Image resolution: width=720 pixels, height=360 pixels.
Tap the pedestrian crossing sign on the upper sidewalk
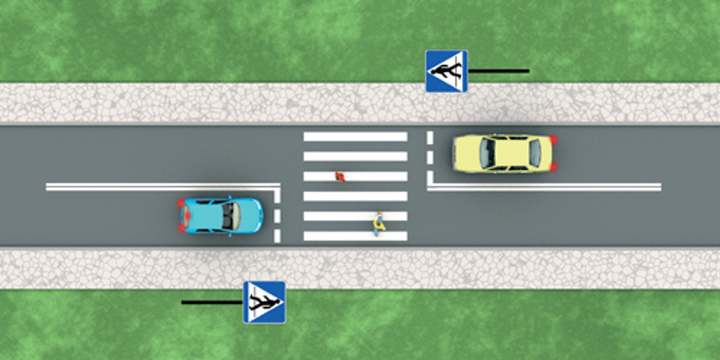coord(447,71)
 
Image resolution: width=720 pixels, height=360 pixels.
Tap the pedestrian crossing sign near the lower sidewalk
coord(264,302)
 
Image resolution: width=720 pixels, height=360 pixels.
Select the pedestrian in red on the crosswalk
coord(340,177)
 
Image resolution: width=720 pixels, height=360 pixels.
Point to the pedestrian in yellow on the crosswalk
coord(379,223)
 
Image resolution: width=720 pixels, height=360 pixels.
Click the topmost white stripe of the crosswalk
coord(355,137)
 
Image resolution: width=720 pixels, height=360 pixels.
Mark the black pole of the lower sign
coord(212,302)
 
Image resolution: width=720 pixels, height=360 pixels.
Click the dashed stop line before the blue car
coord(277,216)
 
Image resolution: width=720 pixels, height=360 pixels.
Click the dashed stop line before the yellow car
coord(430,157)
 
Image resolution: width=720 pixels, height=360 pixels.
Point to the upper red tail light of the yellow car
coord(553,140)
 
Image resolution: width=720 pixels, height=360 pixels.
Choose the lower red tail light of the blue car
coord(181,229)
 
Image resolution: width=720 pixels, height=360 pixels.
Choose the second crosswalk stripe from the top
coord(355,156)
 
